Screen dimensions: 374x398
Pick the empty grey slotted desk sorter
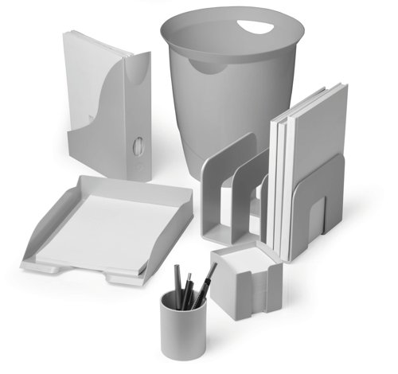(x=231, y=195)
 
